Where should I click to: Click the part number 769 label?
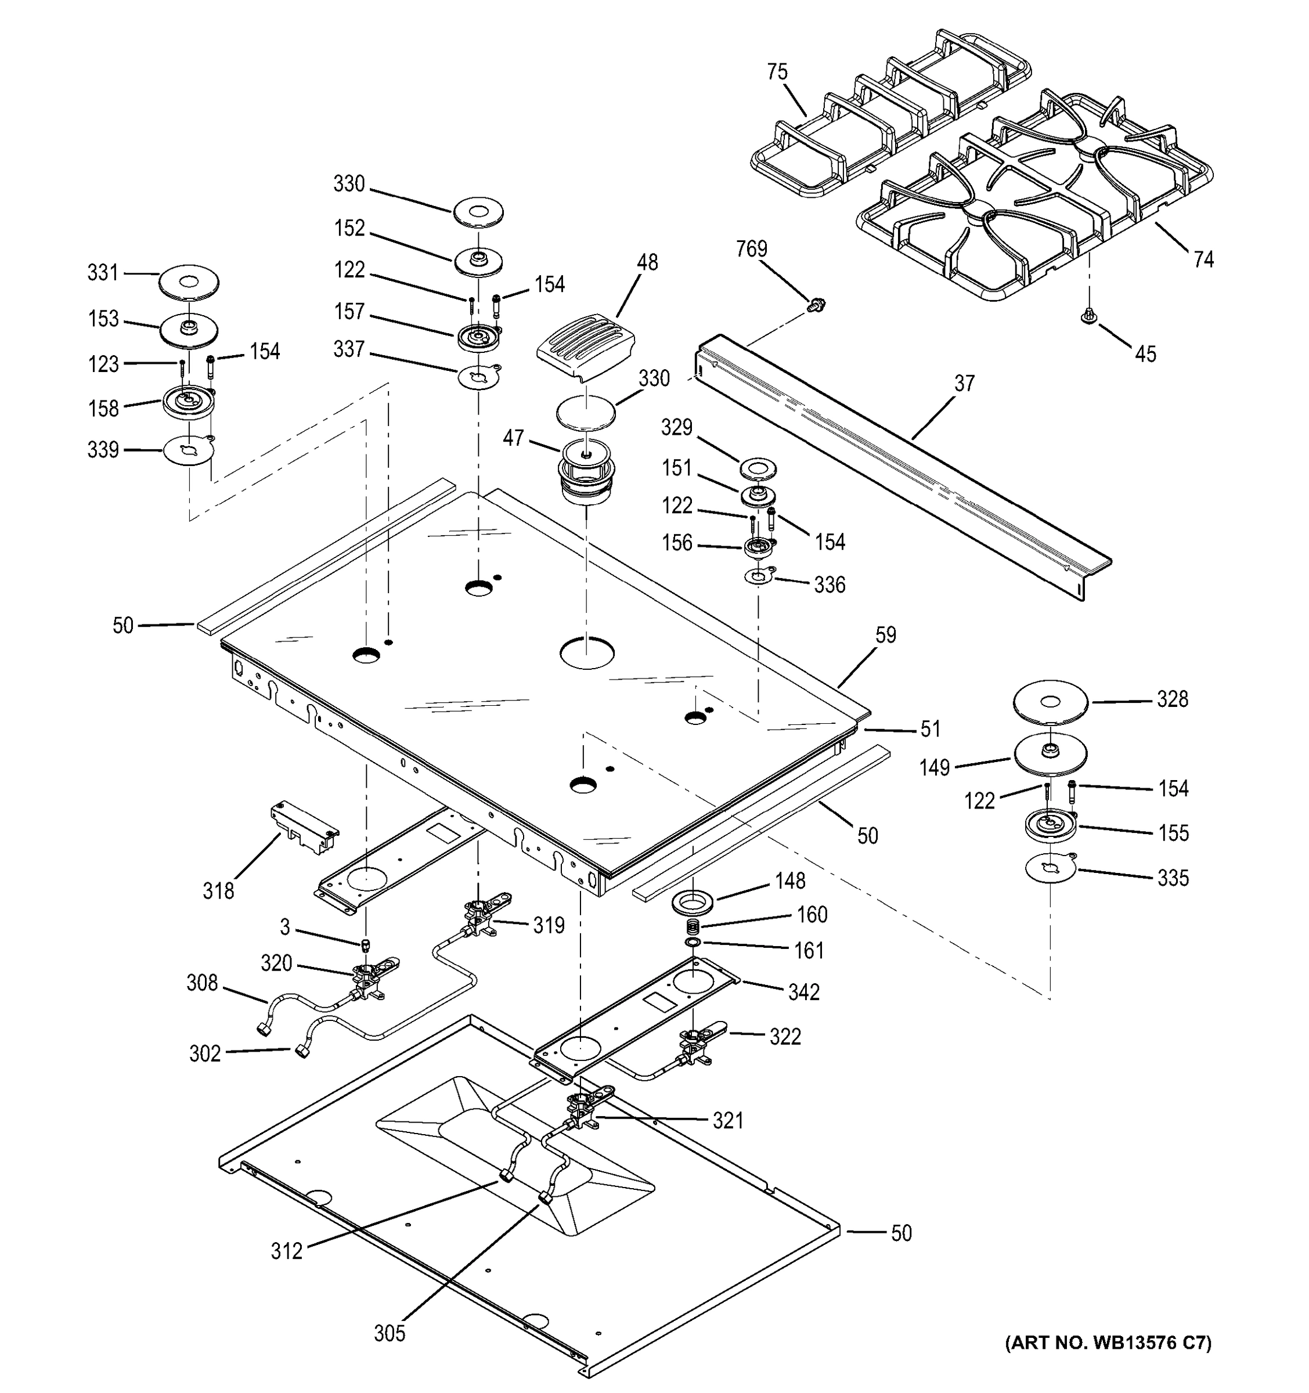pos(751,249)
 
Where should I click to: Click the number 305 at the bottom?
pos(389,1333)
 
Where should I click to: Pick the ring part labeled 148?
pos(693,902)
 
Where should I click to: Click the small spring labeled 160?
pos(693,926)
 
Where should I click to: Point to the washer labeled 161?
pos(693,943)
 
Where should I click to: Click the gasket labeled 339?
pos(188,450)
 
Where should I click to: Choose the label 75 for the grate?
pos(777,72)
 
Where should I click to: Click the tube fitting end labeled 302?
pos(302,1051)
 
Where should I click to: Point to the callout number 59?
pos(886,635)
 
